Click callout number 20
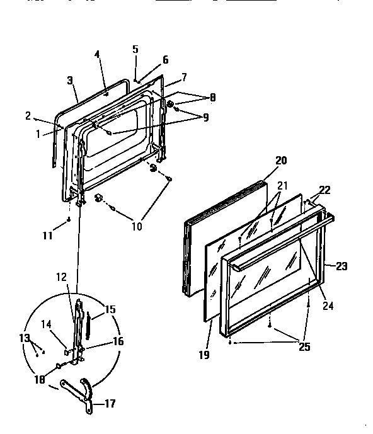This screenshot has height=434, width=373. coord(280,161)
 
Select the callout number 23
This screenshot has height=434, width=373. coord(341,266)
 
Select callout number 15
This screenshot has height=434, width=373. coord(111,309)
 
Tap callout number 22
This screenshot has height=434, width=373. coord(324,190)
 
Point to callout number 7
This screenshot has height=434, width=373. coord(184,77)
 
